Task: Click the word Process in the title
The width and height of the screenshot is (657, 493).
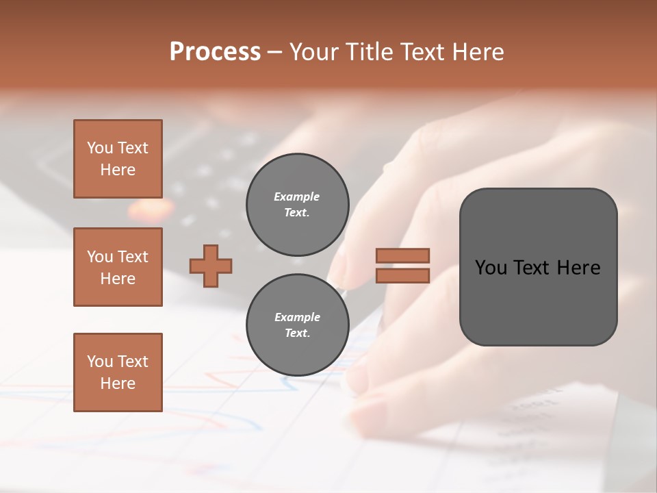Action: pyautogui.click(x=215, y=52)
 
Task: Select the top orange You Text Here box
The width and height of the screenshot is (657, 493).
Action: pyautogui.click(x=118, y=159)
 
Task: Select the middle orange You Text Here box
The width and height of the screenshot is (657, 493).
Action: pyautogui.click(x=118, y=267)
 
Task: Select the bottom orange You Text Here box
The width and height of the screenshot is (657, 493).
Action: pyautogui.click(x=118, y=372)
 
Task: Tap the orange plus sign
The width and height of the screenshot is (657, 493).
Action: pyautogui.click(x=211, y=266)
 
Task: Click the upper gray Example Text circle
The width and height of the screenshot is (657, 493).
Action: pyautogui.click(x=297, y=205)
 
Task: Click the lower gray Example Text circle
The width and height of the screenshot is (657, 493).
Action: pyautogui.click(x=297, y=325)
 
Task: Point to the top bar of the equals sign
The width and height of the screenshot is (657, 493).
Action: pyautogui.click(x=402, y=255)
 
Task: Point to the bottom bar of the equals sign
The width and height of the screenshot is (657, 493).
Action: pyautogui.click(x=402, y=275)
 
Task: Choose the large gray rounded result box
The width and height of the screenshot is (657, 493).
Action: pyautogui.click(x=538, y=267)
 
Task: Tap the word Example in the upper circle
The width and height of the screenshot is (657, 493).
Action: pyautogui.click(x=297, y=197)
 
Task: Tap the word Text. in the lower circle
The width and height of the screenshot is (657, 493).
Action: pyautogui.click(x=297, y=333)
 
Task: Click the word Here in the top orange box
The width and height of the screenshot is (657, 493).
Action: pyautogui.click(x=118, y=170)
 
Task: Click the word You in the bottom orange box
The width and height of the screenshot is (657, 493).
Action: pyautogui.click(x=100, y=362)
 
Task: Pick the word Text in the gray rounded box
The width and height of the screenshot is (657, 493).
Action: pyautogui.click(x=532, y=268)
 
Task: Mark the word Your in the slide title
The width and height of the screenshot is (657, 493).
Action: pyautogui.click(x=312, y=52)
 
